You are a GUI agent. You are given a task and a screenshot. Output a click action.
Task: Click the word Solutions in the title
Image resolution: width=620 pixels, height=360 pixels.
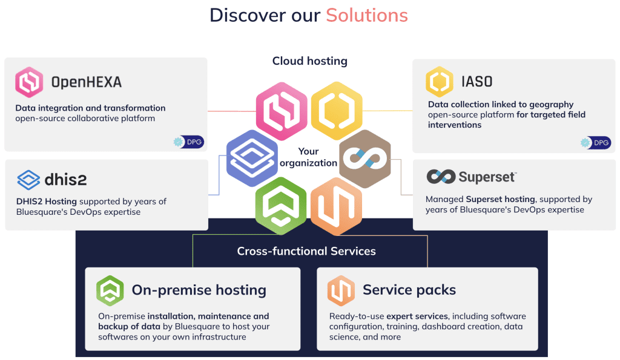coord(367,15)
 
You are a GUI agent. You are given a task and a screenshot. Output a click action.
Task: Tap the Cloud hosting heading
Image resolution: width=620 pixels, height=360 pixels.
coord(309,61)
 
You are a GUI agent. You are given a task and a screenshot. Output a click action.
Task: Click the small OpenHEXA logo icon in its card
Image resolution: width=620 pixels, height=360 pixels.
coord(29,82)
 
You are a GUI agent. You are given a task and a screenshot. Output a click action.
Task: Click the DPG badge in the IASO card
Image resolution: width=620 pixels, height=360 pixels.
coord(596,143)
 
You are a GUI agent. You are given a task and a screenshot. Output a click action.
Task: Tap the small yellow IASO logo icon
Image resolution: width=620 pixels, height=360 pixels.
coord(439,82)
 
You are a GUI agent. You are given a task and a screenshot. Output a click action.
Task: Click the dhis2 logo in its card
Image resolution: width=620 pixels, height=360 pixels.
coord(52,180)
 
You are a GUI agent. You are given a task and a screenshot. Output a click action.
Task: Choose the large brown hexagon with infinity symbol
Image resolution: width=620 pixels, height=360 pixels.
coord(364,159)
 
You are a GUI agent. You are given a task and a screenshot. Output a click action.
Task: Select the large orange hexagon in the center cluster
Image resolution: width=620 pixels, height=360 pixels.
coord(336,206)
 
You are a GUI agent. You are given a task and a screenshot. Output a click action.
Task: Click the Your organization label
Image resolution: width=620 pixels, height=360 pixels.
coord(308,157)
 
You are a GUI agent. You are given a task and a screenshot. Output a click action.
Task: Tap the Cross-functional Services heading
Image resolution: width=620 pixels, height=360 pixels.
coord(306,251)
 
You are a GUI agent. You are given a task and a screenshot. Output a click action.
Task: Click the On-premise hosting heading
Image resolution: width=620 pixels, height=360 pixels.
coord(199,290)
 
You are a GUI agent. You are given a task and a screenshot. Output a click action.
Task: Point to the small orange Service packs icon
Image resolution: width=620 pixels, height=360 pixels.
coord(341,290)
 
